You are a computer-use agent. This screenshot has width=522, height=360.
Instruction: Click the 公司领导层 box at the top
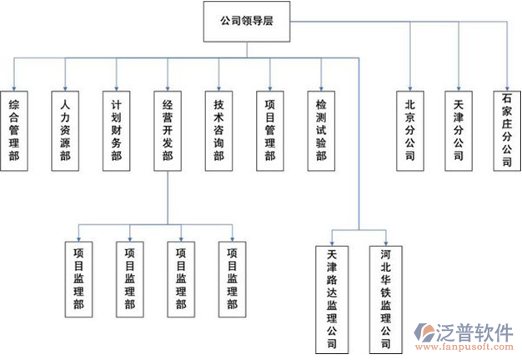pos(246,22)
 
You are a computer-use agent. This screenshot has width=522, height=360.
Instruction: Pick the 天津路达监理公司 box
pos(333,297)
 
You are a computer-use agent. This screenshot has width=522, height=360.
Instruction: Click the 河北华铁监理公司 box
pos(384,297)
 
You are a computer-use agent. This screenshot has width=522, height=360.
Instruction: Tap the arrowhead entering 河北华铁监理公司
pos(384,242)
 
